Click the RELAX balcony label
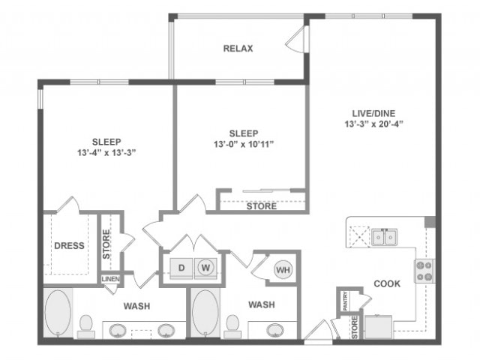coord(238,49)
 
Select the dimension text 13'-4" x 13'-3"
coord(106,152)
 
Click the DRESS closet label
coord(69,245)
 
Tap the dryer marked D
coord(180,266)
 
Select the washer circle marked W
coord(203,266)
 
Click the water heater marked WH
coord(282,269)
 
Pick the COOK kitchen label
coord(387,283)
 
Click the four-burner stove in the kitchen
coord(424,270)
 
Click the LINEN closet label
coord(109,280)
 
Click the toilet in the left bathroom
coord(85,324)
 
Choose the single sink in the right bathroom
coord(275,330)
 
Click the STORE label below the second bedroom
coord(261,206)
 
